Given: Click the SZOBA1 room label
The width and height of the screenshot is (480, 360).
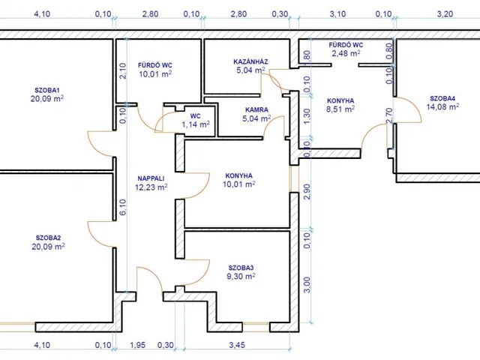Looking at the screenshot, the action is pos(46,90).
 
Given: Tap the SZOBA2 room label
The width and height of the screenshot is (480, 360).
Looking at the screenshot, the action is pos(48,238).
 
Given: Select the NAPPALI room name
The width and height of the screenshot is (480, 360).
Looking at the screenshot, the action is pos(151,178).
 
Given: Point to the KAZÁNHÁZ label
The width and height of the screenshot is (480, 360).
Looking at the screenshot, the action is pos(250,61).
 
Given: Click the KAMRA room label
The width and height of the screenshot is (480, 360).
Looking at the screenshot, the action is pos(256,109).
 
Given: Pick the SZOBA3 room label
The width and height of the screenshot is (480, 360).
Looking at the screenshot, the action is pos(241,268).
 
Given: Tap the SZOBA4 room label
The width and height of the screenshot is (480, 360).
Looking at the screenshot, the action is pos(442,98).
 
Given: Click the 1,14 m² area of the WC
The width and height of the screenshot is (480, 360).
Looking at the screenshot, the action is pos(196,124).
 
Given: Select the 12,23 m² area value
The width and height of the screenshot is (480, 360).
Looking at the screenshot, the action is pos(151,187).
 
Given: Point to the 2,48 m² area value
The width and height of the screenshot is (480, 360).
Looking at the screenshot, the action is pos(346,53).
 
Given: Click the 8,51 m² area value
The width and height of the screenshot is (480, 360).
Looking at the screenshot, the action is pos(340,109).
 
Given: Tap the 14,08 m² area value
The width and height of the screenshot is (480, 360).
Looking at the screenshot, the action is pos(442,106).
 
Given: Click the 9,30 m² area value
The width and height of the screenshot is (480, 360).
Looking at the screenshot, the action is pos(241,277).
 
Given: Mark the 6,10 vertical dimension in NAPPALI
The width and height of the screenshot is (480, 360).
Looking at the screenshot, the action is pos(122,207).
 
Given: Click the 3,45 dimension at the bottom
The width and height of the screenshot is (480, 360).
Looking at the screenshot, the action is pos(237,345).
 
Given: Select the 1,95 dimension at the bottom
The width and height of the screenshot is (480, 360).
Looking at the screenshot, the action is pos(137,345).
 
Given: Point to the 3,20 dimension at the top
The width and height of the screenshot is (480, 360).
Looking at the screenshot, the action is pos(445,14).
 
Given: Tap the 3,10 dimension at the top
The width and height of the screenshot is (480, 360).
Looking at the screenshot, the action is pos(337,14).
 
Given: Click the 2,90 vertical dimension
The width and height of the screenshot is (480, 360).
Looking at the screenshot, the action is pos(307,192).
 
